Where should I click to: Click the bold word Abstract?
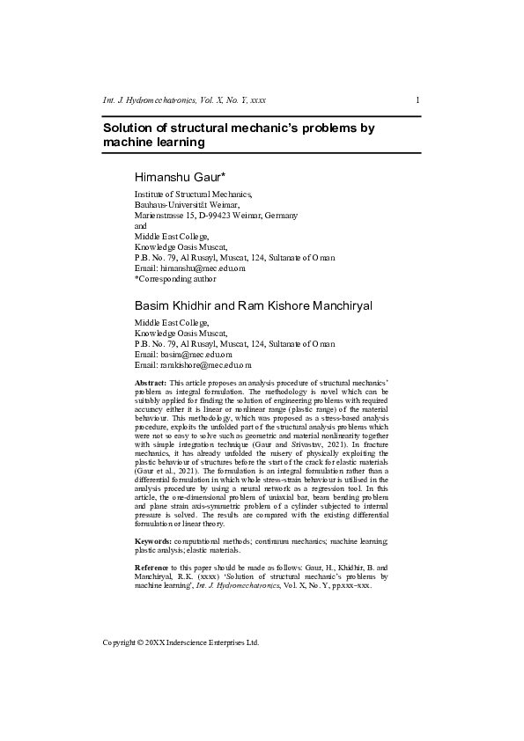[x=150, y=384]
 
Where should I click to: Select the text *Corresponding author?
[x=175, y=278]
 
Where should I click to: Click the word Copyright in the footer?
[x=120, y=642]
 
